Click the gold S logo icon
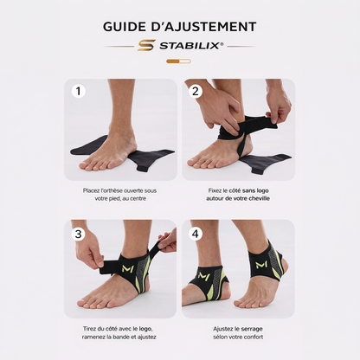(146, 46)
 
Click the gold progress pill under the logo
(178, 61)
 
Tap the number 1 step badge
(78, 92)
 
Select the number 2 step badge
(196, 92)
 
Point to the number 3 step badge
(78, 234)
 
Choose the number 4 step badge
(196, 234)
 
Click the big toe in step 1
(84, 164)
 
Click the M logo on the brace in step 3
(128, 269)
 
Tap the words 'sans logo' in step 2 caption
(255, 190)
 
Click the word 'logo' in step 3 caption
(145, 329)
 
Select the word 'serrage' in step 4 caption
(252, 329)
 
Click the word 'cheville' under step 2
(259, 198)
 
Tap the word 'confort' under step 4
(253, 337)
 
